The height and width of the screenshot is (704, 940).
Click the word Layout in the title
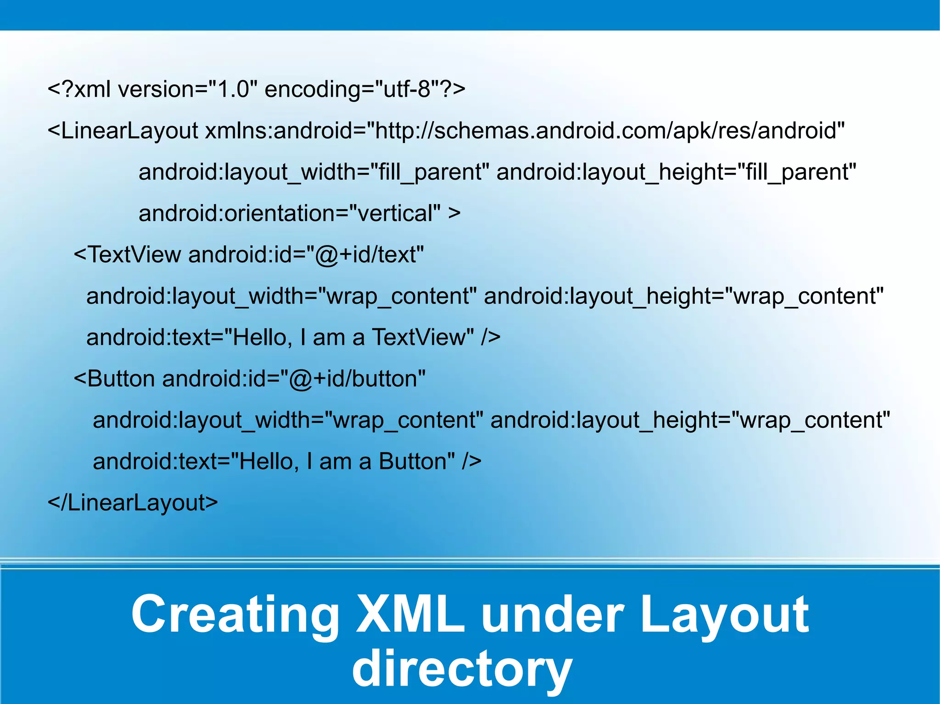click(x=724, y=615)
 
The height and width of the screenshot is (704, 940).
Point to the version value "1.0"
click(x=233, y=89)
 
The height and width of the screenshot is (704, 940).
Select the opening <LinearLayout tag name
click(x=123, y=131)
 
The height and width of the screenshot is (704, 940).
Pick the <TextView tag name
click(x=128, y=255)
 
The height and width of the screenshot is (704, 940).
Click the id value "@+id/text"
click(x=365, y=255)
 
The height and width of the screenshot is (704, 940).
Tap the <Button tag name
click(x=115, y=379)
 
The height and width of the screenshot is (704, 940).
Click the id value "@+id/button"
click(x=353, y=379)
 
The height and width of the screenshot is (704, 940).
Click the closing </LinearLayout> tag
click(x=133, y=503)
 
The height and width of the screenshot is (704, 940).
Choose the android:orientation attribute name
click(x=239, y=213)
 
